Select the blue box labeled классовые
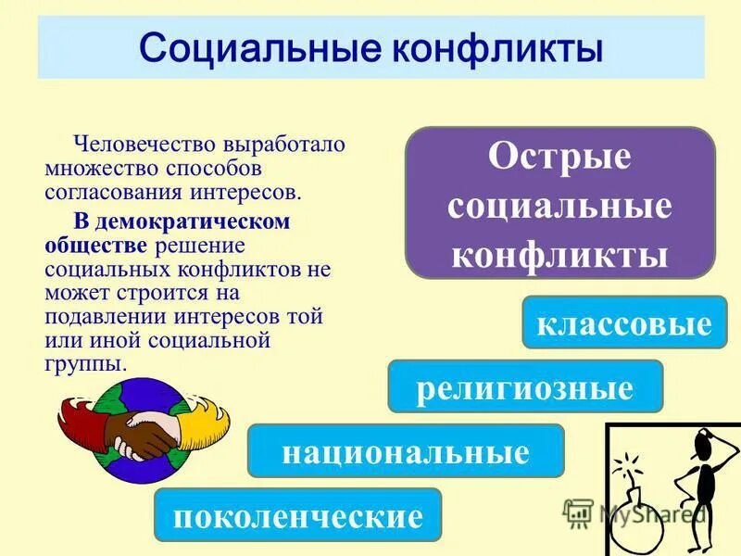(x=623, y=322)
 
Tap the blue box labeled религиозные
(x=525, y=386)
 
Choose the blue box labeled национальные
(x=406, y=451)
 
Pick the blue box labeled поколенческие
(x=297, y=515)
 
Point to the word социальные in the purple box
(x=559, y=206)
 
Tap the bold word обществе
(x=96, y=246)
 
